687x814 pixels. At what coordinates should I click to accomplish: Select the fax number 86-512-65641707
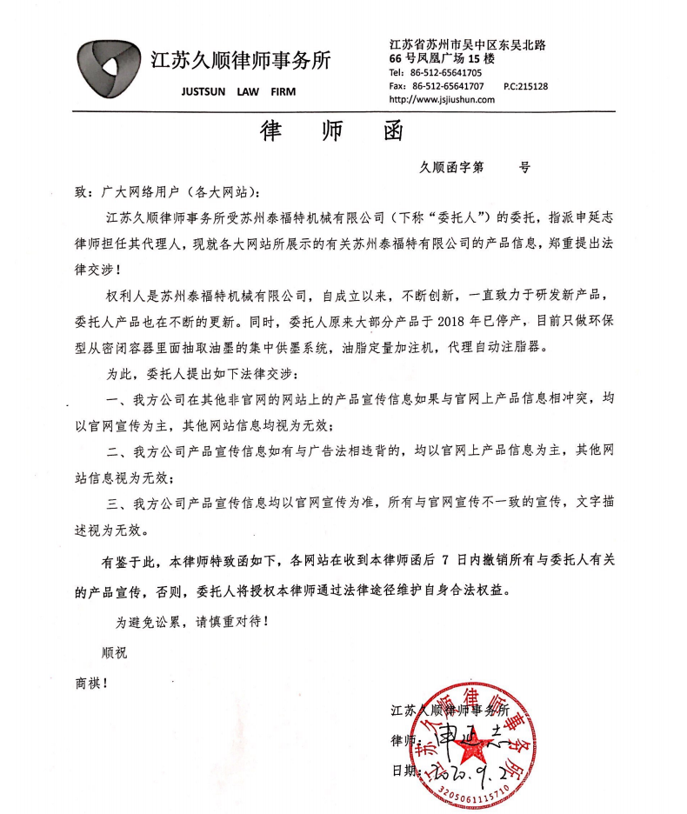(448, 86)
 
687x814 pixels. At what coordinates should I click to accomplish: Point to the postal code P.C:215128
(526, 86)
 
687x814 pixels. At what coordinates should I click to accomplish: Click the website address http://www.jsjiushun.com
(443, 99)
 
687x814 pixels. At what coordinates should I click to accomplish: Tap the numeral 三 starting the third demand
(111, 503)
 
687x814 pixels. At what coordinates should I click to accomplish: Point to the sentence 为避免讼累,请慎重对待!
(186, 622)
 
